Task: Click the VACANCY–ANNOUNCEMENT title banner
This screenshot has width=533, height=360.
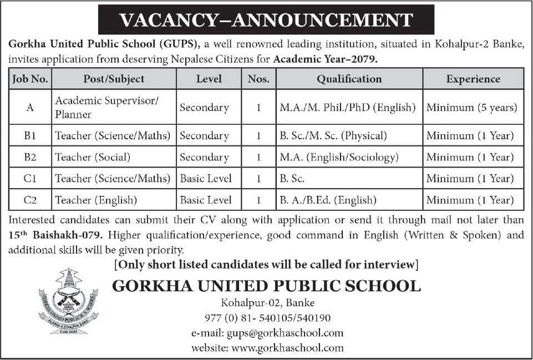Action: pos(266,20)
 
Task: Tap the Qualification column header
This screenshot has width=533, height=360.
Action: pos(349,79)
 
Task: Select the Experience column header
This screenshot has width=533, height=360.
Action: pos(473,79)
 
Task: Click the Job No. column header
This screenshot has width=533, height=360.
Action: pos(30,79)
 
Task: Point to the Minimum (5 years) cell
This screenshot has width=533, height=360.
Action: pos(472,108)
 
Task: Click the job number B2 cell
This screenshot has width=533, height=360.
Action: pos(30,157)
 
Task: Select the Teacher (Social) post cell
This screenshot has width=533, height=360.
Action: pos(93,157)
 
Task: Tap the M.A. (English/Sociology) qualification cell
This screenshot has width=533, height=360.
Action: pos(339,157)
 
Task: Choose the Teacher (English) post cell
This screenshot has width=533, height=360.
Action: pos(95,200)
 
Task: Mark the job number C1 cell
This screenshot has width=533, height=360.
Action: pos(30,179)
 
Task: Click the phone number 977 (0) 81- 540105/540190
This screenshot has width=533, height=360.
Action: pos(267,318)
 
